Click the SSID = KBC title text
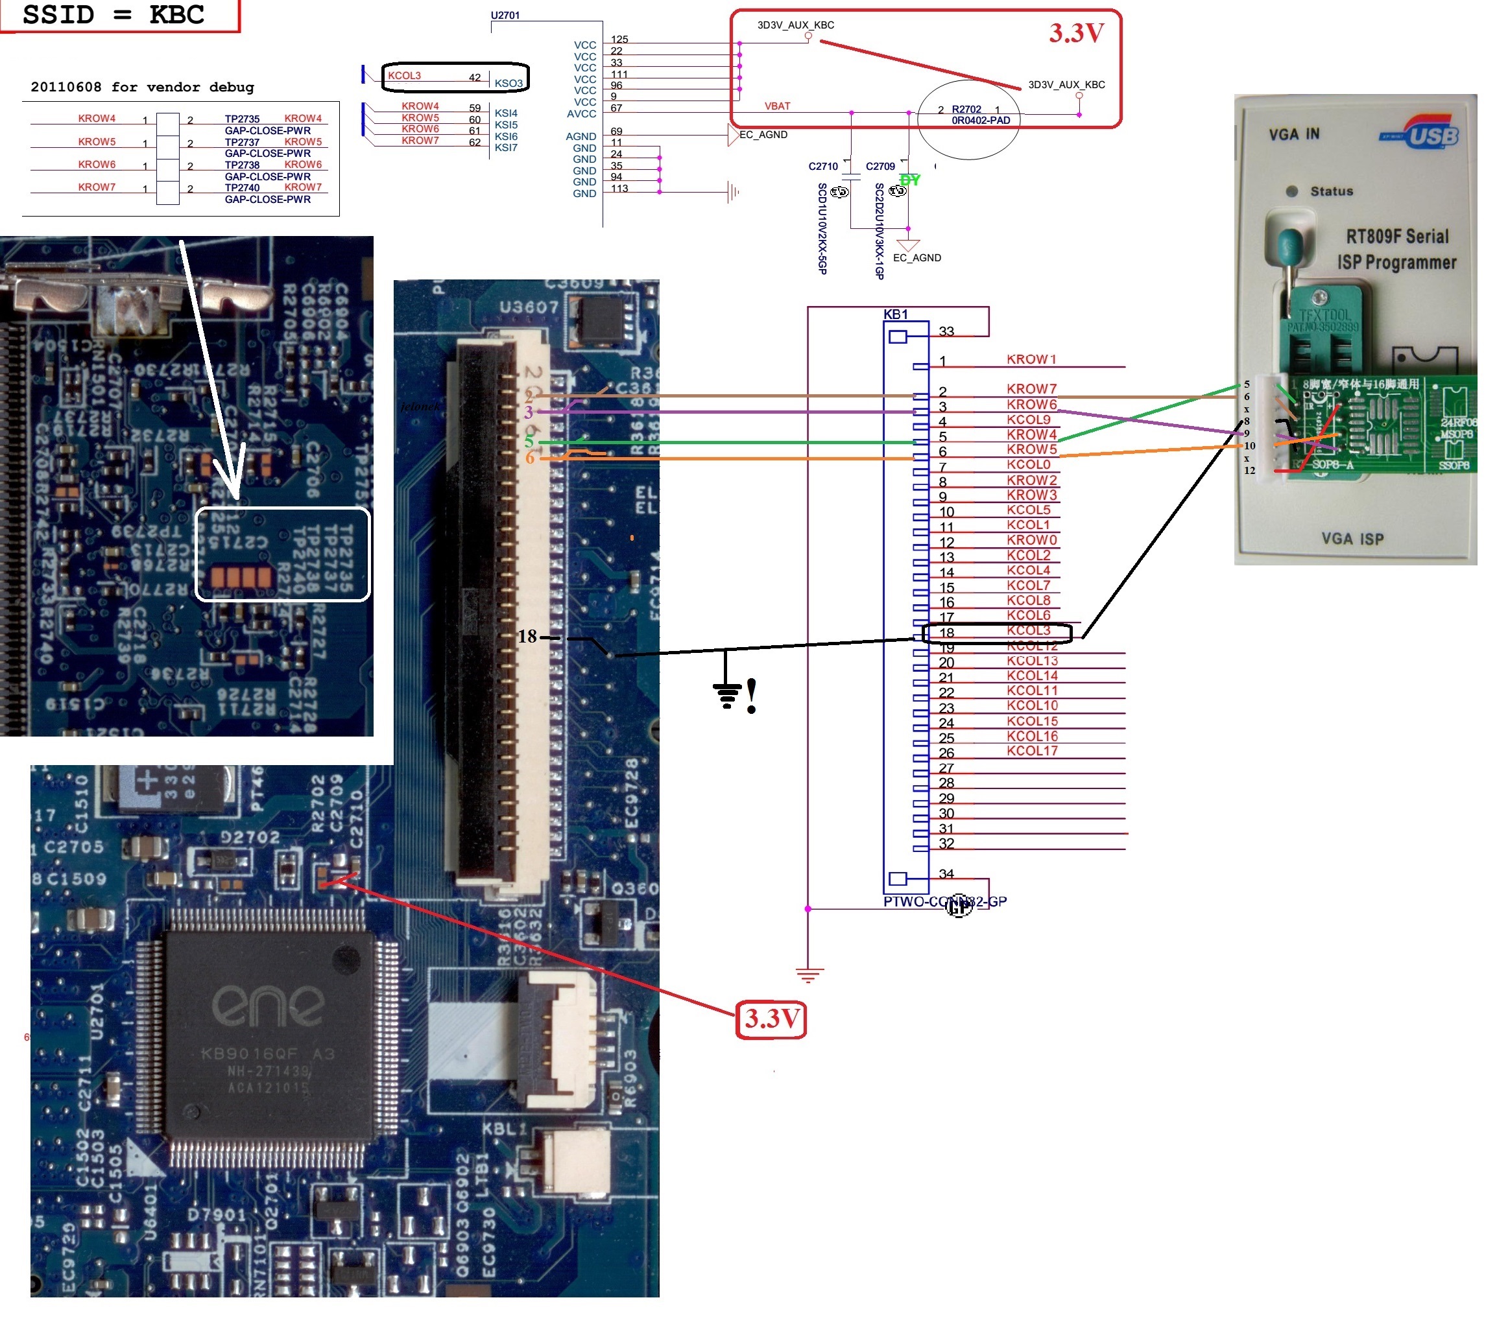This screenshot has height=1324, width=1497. [114, 15]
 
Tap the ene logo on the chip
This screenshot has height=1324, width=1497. [268, 1006]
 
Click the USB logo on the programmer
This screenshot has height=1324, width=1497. [1428, 136]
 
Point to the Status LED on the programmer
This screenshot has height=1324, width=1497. [1292, 191]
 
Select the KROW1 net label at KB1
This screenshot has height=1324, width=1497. [1031, 359]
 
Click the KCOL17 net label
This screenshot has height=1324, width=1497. [1032, 751]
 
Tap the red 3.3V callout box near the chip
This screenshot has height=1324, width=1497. [771, 1019]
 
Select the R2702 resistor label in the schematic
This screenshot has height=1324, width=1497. [966, 109]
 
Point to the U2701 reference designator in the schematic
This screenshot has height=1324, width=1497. [505, 15]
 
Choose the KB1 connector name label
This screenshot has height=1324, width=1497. [895, 314]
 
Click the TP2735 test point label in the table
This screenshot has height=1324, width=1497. [242, 119]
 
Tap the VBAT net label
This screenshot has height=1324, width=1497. [777, 106]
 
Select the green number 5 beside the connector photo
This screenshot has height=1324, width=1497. [529, 442]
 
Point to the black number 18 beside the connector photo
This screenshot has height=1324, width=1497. [527, 636]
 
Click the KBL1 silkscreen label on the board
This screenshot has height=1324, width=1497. [504, 1128]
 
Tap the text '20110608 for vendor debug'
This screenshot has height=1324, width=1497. [142, 87]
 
